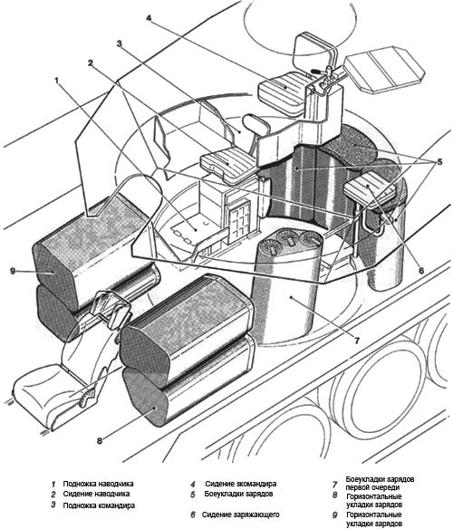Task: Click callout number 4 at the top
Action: click(x=149, y=17)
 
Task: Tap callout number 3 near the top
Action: click(x=120, y=43)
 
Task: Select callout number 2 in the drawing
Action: click(x=90, y=63)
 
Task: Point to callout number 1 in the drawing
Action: click(x=57, y=81)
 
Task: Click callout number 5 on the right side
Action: click(x=439, y=162)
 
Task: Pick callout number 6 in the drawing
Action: click(x=421, y=270)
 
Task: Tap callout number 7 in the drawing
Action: click(x=357, y=340)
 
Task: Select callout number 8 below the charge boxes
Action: click(x=100, y=440)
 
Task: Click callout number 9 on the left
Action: click(x=13, y=271)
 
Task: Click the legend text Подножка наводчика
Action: click(x=98, y=484)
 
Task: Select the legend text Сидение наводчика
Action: click(x=96, y=494)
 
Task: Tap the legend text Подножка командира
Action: click(x=99, y=505)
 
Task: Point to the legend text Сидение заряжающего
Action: click(x=241, y=515)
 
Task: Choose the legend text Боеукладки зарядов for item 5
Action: click(x=238, y=494)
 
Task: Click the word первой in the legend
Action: click(x=358, y=487)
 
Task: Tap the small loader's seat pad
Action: click(x=370, y=187)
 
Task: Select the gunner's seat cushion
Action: click(x=230, y=164)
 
